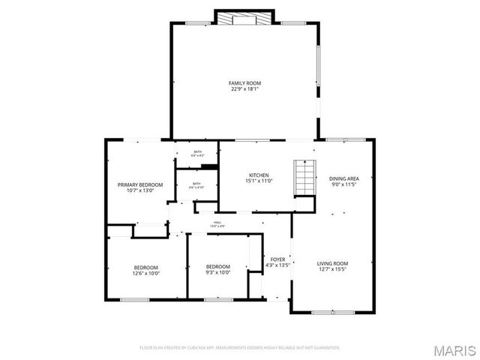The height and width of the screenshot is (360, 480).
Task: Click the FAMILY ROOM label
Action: [244, 82]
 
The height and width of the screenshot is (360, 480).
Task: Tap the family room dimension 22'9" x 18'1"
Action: [244, 89]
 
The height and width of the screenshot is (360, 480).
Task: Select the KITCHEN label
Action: [259, 175]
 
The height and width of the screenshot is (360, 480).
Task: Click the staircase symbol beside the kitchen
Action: [304, 177]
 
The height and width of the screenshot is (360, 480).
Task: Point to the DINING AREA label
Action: [344, 178]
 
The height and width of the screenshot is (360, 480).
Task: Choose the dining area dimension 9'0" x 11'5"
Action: [344, 184]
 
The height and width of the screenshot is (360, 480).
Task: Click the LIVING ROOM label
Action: [332, 263]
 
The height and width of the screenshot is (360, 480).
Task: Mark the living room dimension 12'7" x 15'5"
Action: [332, 269]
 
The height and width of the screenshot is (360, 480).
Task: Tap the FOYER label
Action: [278, 259]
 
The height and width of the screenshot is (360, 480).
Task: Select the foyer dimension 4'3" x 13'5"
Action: [278, 265]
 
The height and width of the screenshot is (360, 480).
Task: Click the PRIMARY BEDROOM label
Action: [140, 184]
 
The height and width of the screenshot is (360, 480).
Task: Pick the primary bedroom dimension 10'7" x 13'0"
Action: [140, 190]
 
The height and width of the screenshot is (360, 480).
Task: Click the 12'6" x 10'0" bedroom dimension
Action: [146, 274]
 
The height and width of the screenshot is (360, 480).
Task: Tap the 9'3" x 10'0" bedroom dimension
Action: [218, 273]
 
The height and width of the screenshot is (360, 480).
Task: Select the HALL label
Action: [217, 222]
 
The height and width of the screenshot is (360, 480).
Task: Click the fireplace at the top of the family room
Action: [244, 19]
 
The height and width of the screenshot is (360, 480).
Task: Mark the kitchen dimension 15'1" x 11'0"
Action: [259, 181]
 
